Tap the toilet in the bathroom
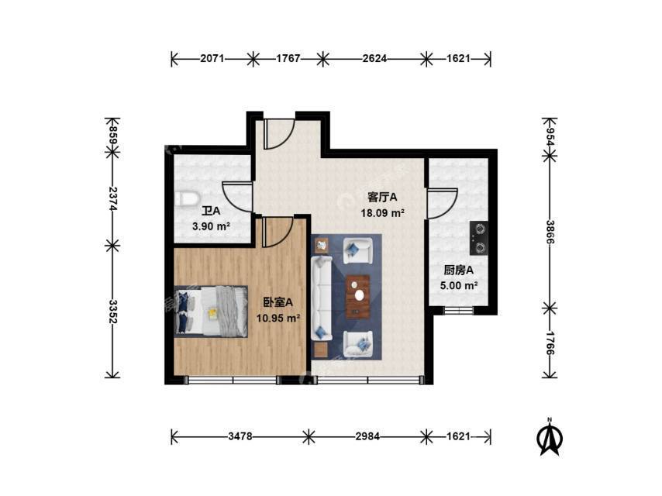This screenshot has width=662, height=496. [x=187, y=199]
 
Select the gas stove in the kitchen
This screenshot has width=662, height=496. [x=479, y=238]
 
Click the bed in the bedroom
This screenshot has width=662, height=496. [x=211, y=312]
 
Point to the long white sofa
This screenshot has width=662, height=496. [x=322, y=298]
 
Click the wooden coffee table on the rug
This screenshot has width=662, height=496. [x=358, y=296]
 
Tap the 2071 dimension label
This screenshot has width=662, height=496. [x=212, y=58]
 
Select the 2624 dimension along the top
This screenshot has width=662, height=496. [x=374, y=58]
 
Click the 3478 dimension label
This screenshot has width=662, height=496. [x=240, y=436]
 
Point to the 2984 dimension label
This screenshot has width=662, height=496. [x=367, y=436]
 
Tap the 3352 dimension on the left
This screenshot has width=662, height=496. [x=112, y=312]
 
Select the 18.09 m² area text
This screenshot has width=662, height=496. [x=382, y=213]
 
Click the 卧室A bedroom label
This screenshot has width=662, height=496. [x=278, y=302]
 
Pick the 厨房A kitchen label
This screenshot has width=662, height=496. [x=458, y=270]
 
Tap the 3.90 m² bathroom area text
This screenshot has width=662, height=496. [x=211, y=226]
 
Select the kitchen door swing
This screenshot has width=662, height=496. [x=443, y=204]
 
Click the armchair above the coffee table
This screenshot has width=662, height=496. [x=358, y=251]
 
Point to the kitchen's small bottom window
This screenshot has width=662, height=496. [x=458, y=310]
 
